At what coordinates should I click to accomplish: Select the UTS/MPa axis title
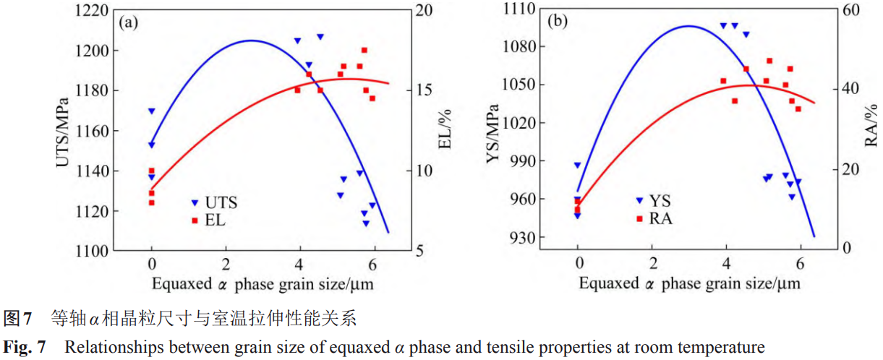click(x=64, y=132)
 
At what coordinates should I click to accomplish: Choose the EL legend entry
click(x=209, y=220)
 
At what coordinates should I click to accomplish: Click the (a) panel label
click(x=129, y=22)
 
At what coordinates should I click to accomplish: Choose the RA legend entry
click(x=654, y=218)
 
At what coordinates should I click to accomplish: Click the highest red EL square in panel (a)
click(x=364, y=50)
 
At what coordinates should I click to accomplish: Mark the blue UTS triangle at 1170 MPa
click(x=152, y=111)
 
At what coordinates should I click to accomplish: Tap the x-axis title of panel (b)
click(x=689, y=283)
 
